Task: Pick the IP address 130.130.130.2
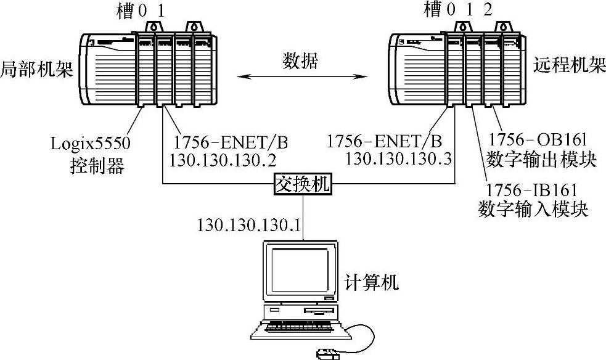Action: pyautogui.click(x=223, y=159)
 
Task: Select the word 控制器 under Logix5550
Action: pyautogui.click(x=100, y=165)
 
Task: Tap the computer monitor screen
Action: pyautogui.click(x=295, y=269)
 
